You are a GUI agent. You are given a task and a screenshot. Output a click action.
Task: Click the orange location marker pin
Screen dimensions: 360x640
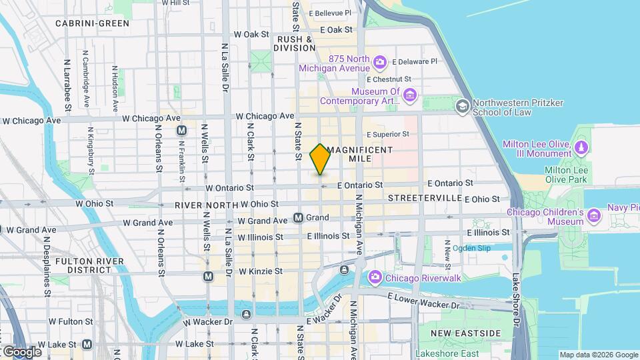point(320,159)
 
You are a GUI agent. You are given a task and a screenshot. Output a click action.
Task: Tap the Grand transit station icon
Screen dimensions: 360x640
point(299,218)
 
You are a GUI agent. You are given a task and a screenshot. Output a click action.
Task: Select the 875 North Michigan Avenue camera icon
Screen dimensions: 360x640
point(380,63)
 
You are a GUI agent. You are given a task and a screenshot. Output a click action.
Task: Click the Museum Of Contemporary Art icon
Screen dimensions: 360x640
point(409,97)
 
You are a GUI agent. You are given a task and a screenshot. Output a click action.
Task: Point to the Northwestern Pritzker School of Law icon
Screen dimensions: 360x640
point(462,107)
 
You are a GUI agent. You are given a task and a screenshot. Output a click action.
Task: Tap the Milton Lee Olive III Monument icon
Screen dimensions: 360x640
point(581,147)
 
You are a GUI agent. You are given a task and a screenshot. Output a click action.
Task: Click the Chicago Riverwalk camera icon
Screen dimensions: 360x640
point(375,277)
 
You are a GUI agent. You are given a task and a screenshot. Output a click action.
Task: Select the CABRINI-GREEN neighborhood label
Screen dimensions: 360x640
point(92,23)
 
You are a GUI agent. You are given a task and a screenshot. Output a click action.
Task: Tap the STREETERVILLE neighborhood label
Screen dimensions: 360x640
point(425,198)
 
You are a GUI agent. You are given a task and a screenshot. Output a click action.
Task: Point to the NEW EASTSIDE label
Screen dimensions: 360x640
point(465,333)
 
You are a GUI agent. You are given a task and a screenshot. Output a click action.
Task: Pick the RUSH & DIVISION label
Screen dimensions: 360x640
point(295,43)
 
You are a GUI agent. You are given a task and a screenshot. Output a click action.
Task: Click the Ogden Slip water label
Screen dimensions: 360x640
point(471,248)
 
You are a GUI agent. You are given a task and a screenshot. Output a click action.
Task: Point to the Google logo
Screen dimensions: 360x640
point(21,351)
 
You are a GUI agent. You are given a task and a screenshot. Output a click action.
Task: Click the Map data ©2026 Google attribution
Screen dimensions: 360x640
point(599,355)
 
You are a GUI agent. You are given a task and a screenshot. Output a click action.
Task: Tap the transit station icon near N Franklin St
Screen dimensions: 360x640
point(181,131)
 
